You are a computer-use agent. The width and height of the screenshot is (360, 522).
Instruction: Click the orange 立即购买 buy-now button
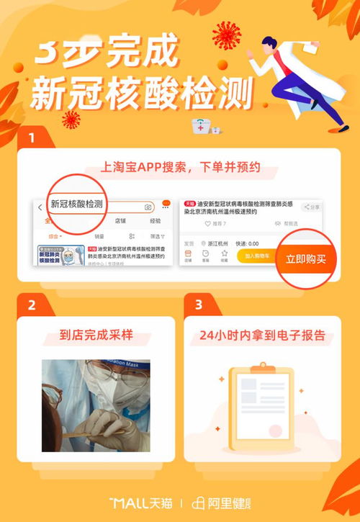click(306, 258)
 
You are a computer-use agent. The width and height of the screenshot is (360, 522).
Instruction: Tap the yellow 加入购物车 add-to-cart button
click(256, 256)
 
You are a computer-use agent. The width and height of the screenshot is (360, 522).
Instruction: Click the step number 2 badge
click(31, 305)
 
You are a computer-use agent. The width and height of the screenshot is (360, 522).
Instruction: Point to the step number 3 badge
click(198, 305)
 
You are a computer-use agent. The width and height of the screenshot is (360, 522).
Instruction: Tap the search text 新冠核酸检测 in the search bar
click(76, 204)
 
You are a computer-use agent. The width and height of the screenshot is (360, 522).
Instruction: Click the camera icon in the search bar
click(148, 207)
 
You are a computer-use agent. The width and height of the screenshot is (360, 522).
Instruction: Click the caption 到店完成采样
click(96, 335)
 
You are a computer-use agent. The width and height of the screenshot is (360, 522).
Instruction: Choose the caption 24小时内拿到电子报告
click(262, 335)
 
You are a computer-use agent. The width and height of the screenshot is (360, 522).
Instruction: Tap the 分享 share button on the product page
click(311, 207)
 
